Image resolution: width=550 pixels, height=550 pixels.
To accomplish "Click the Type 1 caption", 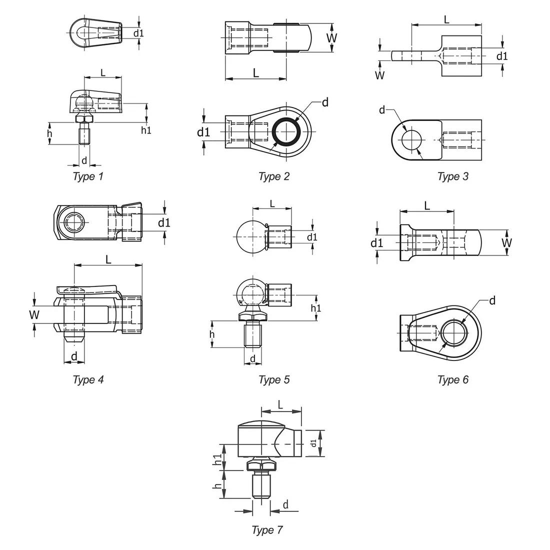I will point(88,176).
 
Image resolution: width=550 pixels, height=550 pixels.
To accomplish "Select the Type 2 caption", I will point(273,176).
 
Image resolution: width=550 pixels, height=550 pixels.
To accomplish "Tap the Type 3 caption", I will point(452,176).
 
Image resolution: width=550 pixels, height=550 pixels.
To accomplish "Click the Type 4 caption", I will point(88,379).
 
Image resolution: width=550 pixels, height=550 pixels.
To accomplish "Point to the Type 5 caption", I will point(273,379).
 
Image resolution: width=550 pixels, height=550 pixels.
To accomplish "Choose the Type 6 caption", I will point(452,379).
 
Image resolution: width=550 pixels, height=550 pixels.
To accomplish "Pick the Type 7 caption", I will point(267,530).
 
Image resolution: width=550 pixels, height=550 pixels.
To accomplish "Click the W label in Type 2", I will point(331,37).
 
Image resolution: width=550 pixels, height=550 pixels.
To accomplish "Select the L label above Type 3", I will point(446,19).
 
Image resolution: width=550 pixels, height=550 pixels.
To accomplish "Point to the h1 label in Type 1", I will point(146,130).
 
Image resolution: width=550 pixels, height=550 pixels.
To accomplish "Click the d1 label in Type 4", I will point(164,222).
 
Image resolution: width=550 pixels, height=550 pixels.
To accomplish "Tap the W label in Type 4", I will point(33,314).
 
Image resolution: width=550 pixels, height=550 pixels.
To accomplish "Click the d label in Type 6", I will point(492,300).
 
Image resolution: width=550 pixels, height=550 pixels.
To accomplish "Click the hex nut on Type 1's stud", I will point(84,119).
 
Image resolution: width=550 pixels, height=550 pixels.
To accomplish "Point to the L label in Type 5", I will point(272,203).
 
